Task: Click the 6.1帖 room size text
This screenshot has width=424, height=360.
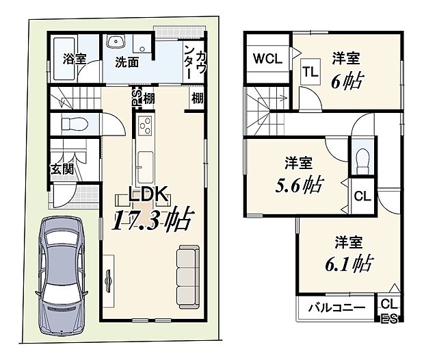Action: coord(348,263)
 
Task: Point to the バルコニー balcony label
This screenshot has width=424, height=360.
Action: coord(334,307)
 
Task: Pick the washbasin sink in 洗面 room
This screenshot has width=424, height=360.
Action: coord(115,39)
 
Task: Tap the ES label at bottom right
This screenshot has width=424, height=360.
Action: coord(388,317)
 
